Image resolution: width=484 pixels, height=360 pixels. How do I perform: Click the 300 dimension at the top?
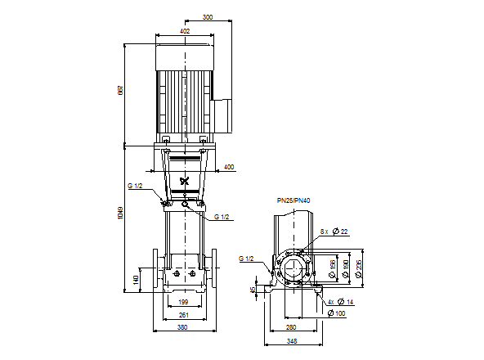(x=207, y=16)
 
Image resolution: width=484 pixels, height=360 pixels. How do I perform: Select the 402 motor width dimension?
(x=185, y=31)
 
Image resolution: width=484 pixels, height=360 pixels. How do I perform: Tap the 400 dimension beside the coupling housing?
(x=228, y=167)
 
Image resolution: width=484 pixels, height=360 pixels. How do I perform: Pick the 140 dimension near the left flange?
(x=136, y=279)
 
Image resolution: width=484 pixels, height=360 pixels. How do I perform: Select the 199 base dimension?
(x=184, y=303)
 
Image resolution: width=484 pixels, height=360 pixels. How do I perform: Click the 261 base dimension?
(x=184, y=315)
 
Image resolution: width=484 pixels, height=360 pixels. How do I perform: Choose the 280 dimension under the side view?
(x=290, y=315)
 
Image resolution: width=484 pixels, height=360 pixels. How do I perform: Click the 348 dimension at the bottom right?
(x=290, y=330)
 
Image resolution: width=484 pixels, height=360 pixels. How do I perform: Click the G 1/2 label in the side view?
(x=246, y=259)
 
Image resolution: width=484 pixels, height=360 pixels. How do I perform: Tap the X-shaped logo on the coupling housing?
(x=184, y=181)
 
